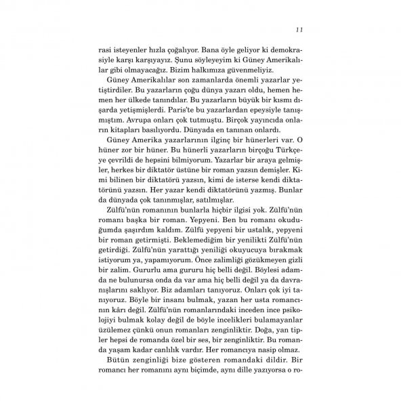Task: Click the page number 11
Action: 299,30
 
